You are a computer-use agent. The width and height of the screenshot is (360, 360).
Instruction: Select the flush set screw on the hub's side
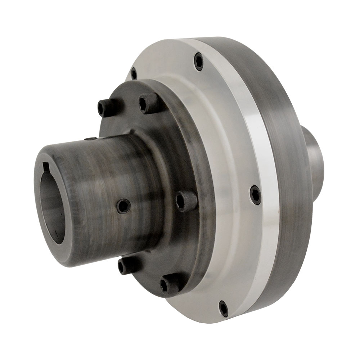pyautogui.click(x=124, y=206)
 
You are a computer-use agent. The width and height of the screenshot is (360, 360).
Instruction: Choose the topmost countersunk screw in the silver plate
pyautogui.click(x=198, y=61)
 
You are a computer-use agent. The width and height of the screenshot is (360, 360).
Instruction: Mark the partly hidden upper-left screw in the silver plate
pyautogui.click(x=134, y=74)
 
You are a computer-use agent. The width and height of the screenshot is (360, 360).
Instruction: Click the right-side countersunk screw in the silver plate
pyautogui.click(x=255, y=195)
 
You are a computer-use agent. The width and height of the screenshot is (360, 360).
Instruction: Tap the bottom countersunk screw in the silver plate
pyautogui.click(x=224, y=309)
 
